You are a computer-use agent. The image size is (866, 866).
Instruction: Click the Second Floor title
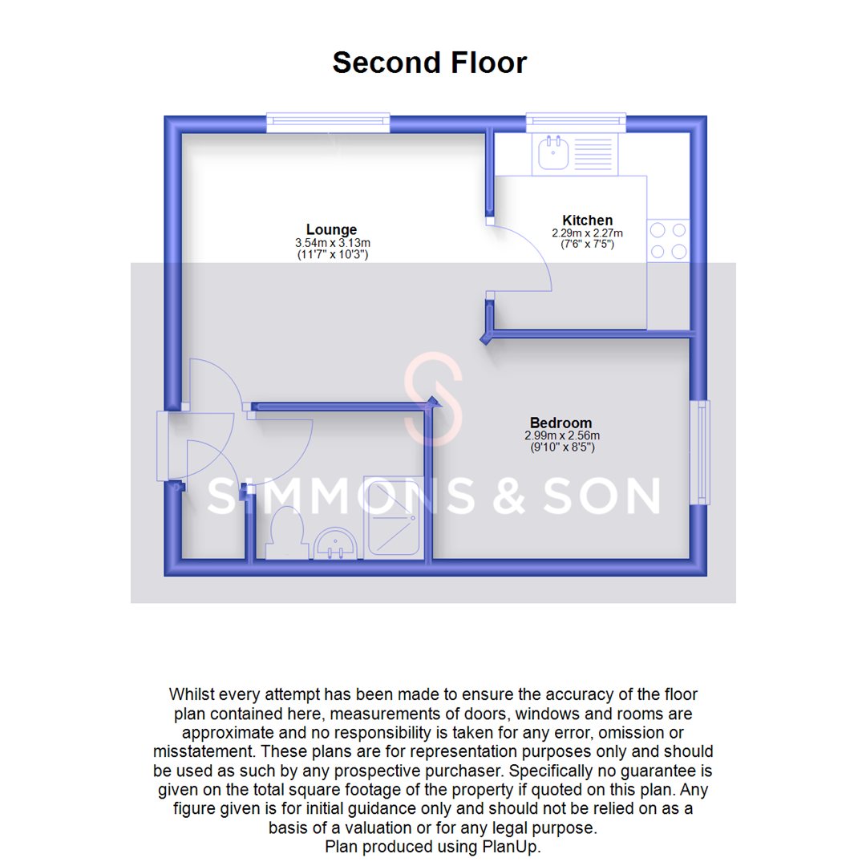[x=430, y=63]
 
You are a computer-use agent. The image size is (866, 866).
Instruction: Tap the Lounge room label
[x=331, y=229]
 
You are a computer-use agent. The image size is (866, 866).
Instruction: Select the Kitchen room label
[x=587, y=221]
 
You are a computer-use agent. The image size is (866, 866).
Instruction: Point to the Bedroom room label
[x=560, y=423]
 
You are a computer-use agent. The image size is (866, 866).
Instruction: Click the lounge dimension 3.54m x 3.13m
[x=332, y=242]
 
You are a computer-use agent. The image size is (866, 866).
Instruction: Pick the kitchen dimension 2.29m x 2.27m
[x=587, y=233]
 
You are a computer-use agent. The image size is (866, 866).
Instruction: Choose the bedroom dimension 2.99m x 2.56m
[x=560, y=435]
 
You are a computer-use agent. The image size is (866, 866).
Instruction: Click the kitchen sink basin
[x=553, y=152]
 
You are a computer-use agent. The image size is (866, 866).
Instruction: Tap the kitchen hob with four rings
[x=668, y=241]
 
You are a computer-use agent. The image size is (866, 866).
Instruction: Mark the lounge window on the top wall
[x=328, y=122]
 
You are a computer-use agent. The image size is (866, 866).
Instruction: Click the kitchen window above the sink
[x=576, y=122]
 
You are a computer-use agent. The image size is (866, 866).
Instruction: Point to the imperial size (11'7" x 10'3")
[x=332, y=254]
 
